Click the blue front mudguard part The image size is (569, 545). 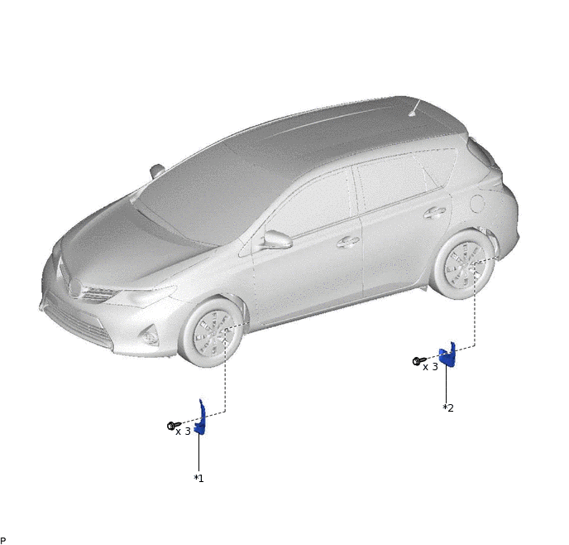(x=201, y=417)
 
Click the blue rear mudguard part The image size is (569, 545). (x=447, y=355)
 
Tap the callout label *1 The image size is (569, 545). (x=198, y=479)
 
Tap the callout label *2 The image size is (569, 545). (x=448, y=408)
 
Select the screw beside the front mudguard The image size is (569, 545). (x=174, y=426)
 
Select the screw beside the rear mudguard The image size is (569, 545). (x=419, y=361)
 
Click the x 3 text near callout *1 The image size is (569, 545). (x=184, y=432)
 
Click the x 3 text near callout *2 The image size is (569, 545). (x=430, y=367)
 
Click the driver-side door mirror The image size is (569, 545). (x=277, y=239)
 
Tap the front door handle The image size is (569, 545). (x=348, y=242)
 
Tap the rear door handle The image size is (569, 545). (x=434, y=213)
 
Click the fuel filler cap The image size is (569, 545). (x=477, y=204)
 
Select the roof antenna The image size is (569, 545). (x=414, y=109)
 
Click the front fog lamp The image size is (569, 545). (x=150, y=336)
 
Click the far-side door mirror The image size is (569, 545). (x=157, y=171)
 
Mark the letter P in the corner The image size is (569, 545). (x=3, y=541)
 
